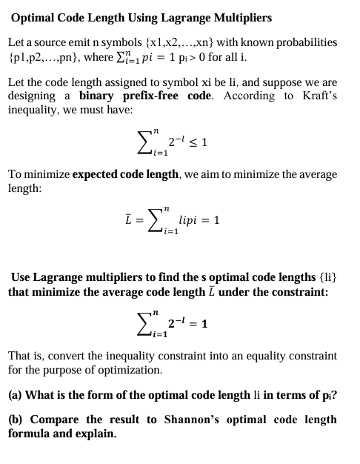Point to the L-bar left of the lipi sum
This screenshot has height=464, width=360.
click(130, 220)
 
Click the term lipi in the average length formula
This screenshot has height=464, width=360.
click(191, 220)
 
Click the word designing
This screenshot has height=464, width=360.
click(32, 96)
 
